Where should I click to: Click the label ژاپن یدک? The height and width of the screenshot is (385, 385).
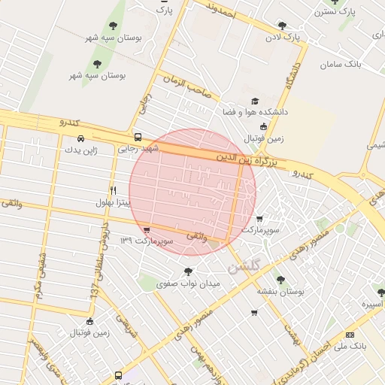coord(80,150)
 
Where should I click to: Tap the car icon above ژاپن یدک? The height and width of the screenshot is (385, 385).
coord(80,139)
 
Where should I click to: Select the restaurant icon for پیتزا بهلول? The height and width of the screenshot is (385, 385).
coord(113,190)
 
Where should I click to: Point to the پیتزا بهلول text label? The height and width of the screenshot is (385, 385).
coord(113,202)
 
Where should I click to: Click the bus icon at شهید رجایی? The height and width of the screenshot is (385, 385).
coord(137,138)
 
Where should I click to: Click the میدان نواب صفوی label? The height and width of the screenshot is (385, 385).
coord(187,283)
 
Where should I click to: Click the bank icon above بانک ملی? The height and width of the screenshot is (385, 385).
coord(350,335)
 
